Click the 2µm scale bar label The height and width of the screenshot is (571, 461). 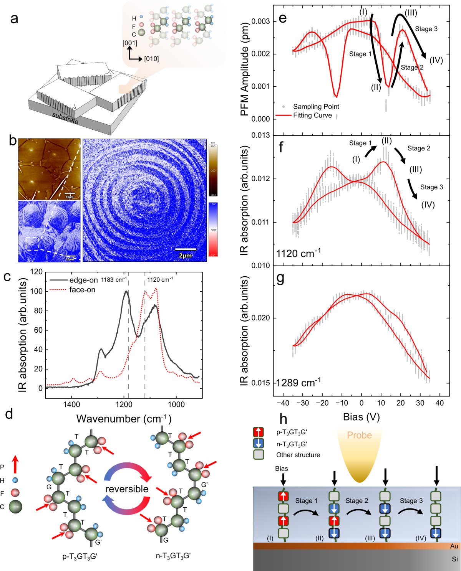(x=185, y=256)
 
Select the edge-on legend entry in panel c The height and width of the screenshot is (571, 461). (x=83, y=280)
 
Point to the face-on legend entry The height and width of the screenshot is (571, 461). (x=82, y=290)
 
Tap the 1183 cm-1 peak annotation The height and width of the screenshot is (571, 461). (x=114, y=280)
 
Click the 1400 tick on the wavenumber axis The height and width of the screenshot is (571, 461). (x=71, y=404)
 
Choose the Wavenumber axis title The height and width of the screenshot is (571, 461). (x=124, y=418)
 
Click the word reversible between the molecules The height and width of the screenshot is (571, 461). (x=127, y=489)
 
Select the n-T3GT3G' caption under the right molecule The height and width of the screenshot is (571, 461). (x=173, y=556)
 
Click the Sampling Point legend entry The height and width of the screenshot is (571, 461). (x=316, y=106)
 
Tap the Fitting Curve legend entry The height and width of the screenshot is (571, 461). (x=312, y=115)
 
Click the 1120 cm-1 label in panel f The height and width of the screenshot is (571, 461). (x=298, y=254)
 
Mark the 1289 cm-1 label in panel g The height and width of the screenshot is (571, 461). (x=298, y=383)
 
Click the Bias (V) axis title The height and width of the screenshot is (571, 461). (x=361, y=417)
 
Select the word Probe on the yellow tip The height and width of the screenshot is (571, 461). (x=359, y=435)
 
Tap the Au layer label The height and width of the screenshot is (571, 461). (x=454, y=546)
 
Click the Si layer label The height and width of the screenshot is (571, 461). (x=454, y=559)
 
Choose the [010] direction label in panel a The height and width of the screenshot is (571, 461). (x=151, y=59)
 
